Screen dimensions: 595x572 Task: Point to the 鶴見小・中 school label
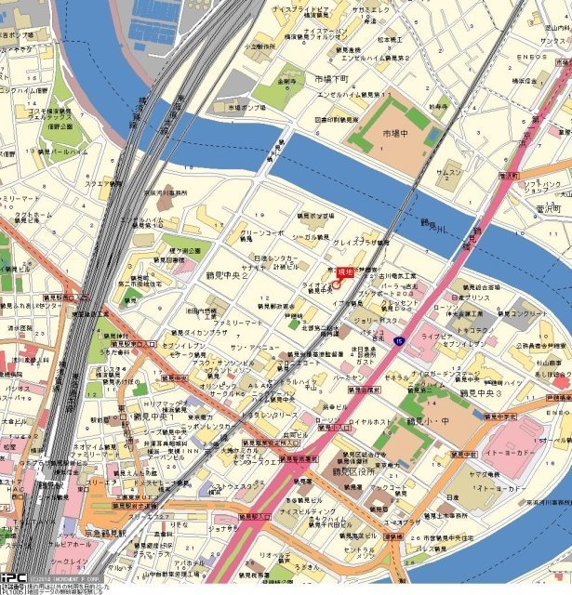(x=430, y=420)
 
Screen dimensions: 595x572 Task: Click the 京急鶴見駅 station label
(x=104, y=533)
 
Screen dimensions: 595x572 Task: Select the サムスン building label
(x=449, y=173)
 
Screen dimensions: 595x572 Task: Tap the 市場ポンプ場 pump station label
(x=247, y=107)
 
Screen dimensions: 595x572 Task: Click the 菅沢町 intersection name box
(x=547, y=209)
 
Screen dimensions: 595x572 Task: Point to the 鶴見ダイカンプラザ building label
(x=198, y=331)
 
